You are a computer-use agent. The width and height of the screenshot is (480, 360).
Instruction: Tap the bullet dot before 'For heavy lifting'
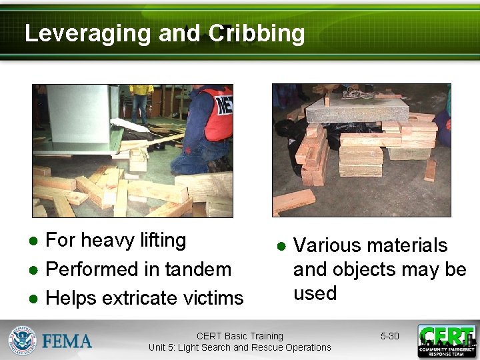point(33,241)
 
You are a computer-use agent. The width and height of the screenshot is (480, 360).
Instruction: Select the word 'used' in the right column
point(315,293)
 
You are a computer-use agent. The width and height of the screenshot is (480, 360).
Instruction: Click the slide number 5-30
point(389,336)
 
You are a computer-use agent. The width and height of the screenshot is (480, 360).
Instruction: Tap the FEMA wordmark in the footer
point(67,341)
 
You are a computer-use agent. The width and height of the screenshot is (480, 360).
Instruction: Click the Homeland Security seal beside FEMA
point(22,340)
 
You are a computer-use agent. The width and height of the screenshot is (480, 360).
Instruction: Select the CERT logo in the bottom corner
point(447,341)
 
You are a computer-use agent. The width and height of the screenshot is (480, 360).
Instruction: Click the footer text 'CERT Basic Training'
point(240,336)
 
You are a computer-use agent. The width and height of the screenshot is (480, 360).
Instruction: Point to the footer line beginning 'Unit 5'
point(240,347)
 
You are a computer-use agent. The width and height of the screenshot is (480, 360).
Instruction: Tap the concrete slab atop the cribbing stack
point(367,109)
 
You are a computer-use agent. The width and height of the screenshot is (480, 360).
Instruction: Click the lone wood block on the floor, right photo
point(293,201)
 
